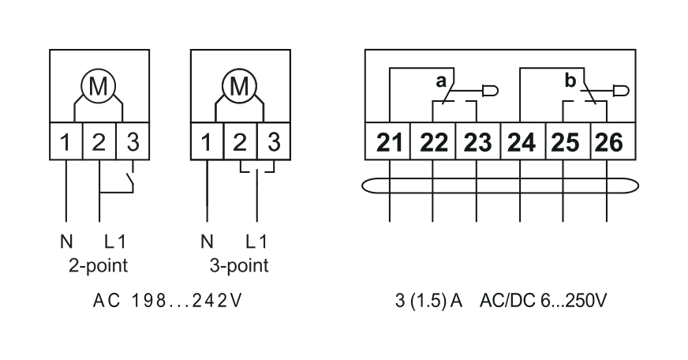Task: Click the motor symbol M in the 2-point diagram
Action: (98, 85)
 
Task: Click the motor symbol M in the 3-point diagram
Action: (239, 85)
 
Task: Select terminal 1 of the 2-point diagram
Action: (65, 141)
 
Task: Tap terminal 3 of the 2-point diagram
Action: (133, 141)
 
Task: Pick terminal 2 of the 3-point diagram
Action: (240, 141)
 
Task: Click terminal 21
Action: (388, 141)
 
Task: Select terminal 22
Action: (433, 141)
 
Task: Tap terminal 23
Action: (478, 141)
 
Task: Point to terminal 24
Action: (522, 141)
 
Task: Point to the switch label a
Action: (441, 81)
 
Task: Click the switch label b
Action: (570, 81)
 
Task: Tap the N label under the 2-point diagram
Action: (66, 242)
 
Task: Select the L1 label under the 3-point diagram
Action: (256, 242)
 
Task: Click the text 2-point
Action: (98, 265)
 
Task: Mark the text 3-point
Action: (239, 265)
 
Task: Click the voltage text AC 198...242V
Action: (166, 301)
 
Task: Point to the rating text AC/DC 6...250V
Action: (543, 301)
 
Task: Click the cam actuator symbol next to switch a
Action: (490, 92)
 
